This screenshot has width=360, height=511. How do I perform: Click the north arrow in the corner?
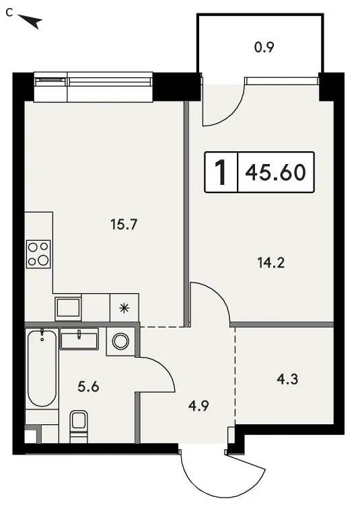pos(32,21)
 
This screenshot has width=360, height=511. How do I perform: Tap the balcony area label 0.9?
pos(264,48)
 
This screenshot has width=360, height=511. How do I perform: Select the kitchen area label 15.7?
pos(124,224)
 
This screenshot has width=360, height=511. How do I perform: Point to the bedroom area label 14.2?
pos(271,262)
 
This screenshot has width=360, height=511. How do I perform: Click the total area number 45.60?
pos(275,172)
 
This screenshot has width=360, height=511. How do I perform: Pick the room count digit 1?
pos(221,173)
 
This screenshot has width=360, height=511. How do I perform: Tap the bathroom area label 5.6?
pos(88,387)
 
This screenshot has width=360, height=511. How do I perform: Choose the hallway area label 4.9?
pos(199,406)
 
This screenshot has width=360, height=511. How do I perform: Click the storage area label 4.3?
pos(287,379)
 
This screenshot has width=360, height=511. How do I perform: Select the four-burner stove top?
pos(38,254)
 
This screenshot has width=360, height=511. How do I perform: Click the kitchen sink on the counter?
pos(68,308)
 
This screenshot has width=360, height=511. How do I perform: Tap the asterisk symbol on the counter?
pos(124,308)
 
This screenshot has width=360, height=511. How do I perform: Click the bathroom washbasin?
pos(79,339)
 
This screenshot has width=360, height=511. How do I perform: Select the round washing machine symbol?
pos(120,341)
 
